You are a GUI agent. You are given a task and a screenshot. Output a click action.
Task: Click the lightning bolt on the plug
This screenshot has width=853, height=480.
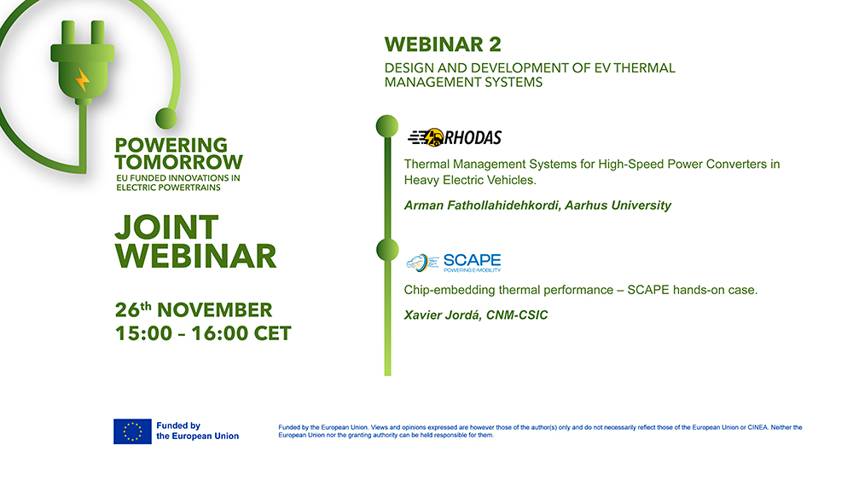tap(83, 80)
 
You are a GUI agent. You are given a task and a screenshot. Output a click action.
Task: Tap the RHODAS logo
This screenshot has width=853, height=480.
tap(455, 137)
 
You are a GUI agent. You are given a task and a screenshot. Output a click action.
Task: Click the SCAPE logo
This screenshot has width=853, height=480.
tap(453, 263)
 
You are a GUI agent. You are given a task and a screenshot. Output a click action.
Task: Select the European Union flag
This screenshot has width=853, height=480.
tap(132, 431)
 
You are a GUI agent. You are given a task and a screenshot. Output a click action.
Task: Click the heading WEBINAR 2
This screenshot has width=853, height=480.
tap(443, 44)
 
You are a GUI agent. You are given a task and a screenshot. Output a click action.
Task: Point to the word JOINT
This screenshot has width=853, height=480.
tap(166, 228)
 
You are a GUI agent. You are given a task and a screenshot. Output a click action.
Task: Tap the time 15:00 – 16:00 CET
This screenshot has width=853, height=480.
tap(203, 333)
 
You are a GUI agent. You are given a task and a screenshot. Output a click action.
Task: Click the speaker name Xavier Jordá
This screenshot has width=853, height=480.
tap(443, 315)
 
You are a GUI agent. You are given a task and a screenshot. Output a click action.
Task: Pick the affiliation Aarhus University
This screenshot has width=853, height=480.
tap(632, 205)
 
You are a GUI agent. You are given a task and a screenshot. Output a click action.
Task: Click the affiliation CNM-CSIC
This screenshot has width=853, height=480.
tap(518, 315)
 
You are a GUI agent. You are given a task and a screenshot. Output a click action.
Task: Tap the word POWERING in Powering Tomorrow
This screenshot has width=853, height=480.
tap(171, 146)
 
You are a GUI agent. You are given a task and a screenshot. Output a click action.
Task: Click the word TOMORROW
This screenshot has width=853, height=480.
tap(179, 162)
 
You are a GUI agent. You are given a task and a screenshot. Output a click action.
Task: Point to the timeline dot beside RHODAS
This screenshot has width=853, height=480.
tap(387, 125)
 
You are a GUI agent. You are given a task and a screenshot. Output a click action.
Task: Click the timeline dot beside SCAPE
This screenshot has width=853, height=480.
tap(387, 250)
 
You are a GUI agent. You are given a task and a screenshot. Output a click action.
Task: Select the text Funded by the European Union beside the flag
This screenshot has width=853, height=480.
tap(197, 431)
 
